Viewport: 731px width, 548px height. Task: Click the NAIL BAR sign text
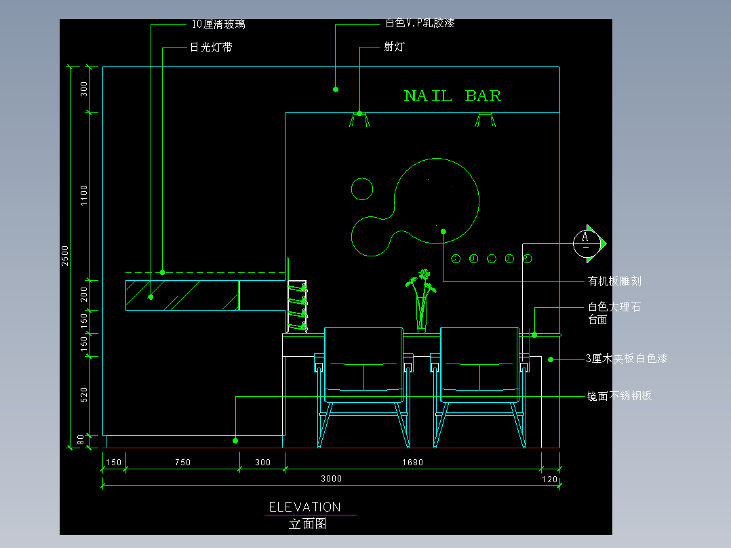pyautogui.click(x=452, y=96)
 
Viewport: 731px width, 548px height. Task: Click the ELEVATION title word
pyautogui.click(x=304, y=507)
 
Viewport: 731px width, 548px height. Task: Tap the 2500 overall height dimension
pyautogui.click(x=66, y=255)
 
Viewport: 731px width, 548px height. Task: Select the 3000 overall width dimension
pyautogui.click(x=331, y=479)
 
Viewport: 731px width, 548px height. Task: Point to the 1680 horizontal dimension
pyautogui.click(x=412, y=463)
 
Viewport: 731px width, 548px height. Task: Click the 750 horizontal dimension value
pyautogui.click(x=182, y=463)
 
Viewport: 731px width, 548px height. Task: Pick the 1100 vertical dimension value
pyautogui.click(x=84, y=195)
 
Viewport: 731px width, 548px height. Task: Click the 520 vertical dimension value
pyautogui.click(x=84, y=395)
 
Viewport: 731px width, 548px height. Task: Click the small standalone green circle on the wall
pyautogui.click(x=362, y=189)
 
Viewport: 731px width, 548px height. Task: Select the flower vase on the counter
pyautogui.click(x=421, y=302)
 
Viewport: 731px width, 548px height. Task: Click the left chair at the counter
pyautogui.click(x=364, y=380)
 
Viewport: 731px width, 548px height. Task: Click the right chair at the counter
pyautogui.click(x=480, y=380)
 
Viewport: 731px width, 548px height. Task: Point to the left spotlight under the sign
pyautogui.click(x=359, y=120)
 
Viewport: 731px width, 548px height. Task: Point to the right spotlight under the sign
pyautogui.click(x=485, y=120)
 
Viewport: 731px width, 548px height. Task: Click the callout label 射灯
pyautogui.click(x=394, y=47)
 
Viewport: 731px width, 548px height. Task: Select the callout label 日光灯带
pyautogui.click(x=211, y=47)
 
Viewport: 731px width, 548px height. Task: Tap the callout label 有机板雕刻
pyautogui.click(x=614, y=281)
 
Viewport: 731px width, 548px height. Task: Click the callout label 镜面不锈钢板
pyautogui.click(x=619, y=395)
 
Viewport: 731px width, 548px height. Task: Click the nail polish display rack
pyautogui.click(x=297, y=307)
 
